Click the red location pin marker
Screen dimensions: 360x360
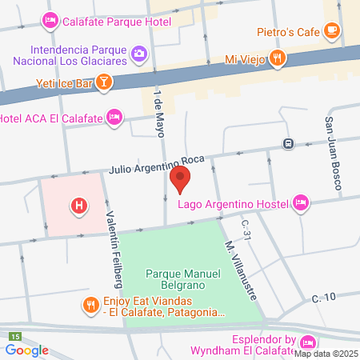click(x=181, y=179)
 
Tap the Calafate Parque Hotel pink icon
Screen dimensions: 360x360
click(x=49, y=21)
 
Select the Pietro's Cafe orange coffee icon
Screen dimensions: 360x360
click(x=332, y=31)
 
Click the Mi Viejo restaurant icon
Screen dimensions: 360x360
click(x=277, y=57)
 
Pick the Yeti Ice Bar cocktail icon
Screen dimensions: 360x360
click(x=104, y=81)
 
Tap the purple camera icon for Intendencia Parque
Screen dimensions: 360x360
click(x=139, y=54)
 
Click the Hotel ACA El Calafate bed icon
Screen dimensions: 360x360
click(x=114, y=118)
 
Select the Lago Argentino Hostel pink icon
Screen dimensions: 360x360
click(x=301, y=202)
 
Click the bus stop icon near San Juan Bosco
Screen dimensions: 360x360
click(x=287, y=144)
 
